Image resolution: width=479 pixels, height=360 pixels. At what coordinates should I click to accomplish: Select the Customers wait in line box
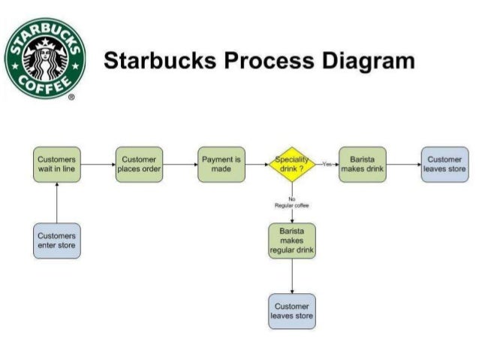click(57, 164)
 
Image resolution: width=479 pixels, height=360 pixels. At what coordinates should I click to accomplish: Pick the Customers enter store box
click(57, 241)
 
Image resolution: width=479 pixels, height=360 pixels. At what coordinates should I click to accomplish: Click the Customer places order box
click(139, 164)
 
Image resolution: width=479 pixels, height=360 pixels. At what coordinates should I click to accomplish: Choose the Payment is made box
click(221, 164)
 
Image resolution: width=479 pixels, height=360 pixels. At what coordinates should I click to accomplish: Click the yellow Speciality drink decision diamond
click(292, 165)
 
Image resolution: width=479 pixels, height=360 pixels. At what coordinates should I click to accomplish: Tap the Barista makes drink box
click(363, 164)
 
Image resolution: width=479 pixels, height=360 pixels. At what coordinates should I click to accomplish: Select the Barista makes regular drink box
click(292, 241)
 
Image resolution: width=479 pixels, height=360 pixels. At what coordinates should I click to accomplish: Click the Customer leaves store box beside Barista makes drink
click(444, 164)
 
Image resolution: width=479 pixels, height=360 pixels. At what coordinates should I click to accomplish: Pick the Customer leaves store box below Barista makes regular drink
click(292, 311)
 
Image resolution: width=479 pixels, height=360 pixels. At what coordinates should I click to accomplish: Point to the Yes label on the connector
click(327, 163)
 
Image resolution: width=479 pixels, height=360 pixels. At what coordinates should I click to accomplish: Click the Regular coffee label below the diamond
click(292, 204)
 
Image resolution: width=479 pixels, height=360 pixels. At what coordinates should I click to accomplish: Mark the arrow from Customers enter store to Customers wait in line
click(57, 201)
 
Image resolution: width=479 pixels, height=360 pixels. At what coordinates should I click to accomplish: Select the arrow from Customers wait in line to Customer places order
click(98, 164)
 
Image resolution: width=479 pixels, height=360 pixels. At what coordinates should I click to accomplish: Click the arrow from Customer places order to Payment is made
click(180, 164)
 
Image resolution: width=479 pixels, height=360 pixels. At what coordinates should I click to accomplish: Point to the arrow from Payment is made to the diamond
click(258, 164)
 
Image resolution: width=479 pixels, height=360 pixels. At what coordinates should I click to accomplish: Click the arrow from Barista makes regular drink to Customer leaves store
click(292, 276)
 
